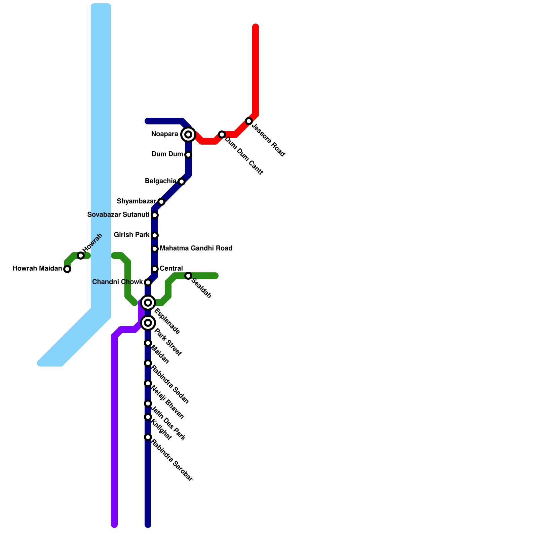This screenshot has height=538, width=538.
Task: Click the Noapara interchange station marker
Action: [188, 134]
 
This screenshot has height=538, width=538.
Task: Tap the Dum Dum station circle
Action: [188, 155]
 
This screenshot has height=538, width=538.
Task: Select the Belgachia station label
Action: [160, 181]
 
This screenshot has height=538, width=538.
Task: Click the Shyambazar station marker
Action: [161, 202]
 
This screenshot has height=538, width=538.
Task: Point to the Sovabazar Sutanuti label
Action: [118, 215]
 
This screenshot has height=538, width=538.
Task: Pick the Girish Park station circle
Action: [155, 235]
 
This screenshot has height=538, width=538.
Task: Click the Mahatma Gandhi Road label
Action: [196, 248]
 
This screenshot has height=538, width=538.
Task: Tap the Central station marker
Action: [155, 269]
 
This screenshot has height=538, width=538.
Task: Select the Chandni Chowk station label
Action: [117, 282]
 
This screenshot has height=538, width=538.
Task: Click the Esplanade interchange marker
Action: [148, 303]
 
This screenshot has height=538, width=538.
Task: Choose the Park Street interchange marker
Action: [148, 323]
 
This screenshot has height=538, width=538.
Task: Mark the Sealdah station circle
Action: [188, 276]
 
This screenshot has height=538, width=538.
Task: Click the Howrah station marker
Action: [81, 256]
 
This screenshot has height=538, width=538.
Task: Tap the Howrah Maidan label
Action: [37, 268]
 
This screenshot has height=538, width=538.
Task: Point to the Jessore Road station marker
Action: [249, 121]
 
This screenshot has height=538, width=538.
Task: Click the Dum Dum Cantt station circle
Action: [222, 134]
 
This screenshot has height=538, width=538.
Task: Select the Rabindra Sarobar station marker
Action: [148, 437]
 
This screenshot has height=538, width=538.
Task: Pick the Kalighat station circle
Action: [148, 417]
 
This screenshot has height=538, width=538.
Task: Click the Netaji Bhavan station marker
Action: [148, 383]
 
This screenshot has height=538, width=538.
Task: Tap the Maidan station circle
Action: [148, 343]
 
